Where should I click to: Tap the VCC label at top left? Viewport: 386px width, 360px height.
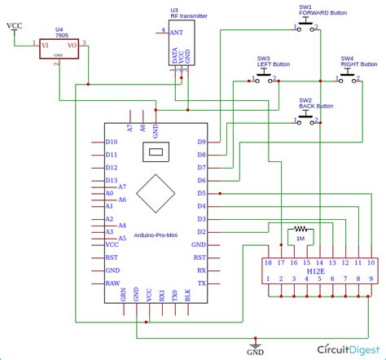click(15, 26)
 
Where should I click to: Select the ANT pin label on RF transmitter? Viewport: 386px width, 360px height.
click(175, 31)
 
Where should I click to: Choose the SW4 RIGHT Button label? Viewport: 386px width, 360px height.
click(357, 61)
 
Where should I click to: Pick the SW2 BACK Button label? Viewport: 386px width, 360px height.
click(316, 103)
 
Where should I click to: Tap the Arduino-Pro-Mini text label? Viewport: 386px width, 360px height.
click(154, 235)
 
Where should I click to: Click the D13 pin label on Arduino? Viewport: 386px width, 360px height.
click(112, 180)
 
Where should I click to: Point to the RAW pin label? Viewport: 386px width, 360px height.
click(112, 283)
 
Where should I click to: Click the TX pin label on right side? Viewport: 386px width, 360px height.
click(200, 283)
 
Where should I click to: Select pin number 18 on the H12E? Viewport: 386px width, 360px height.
click(267, 262)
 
